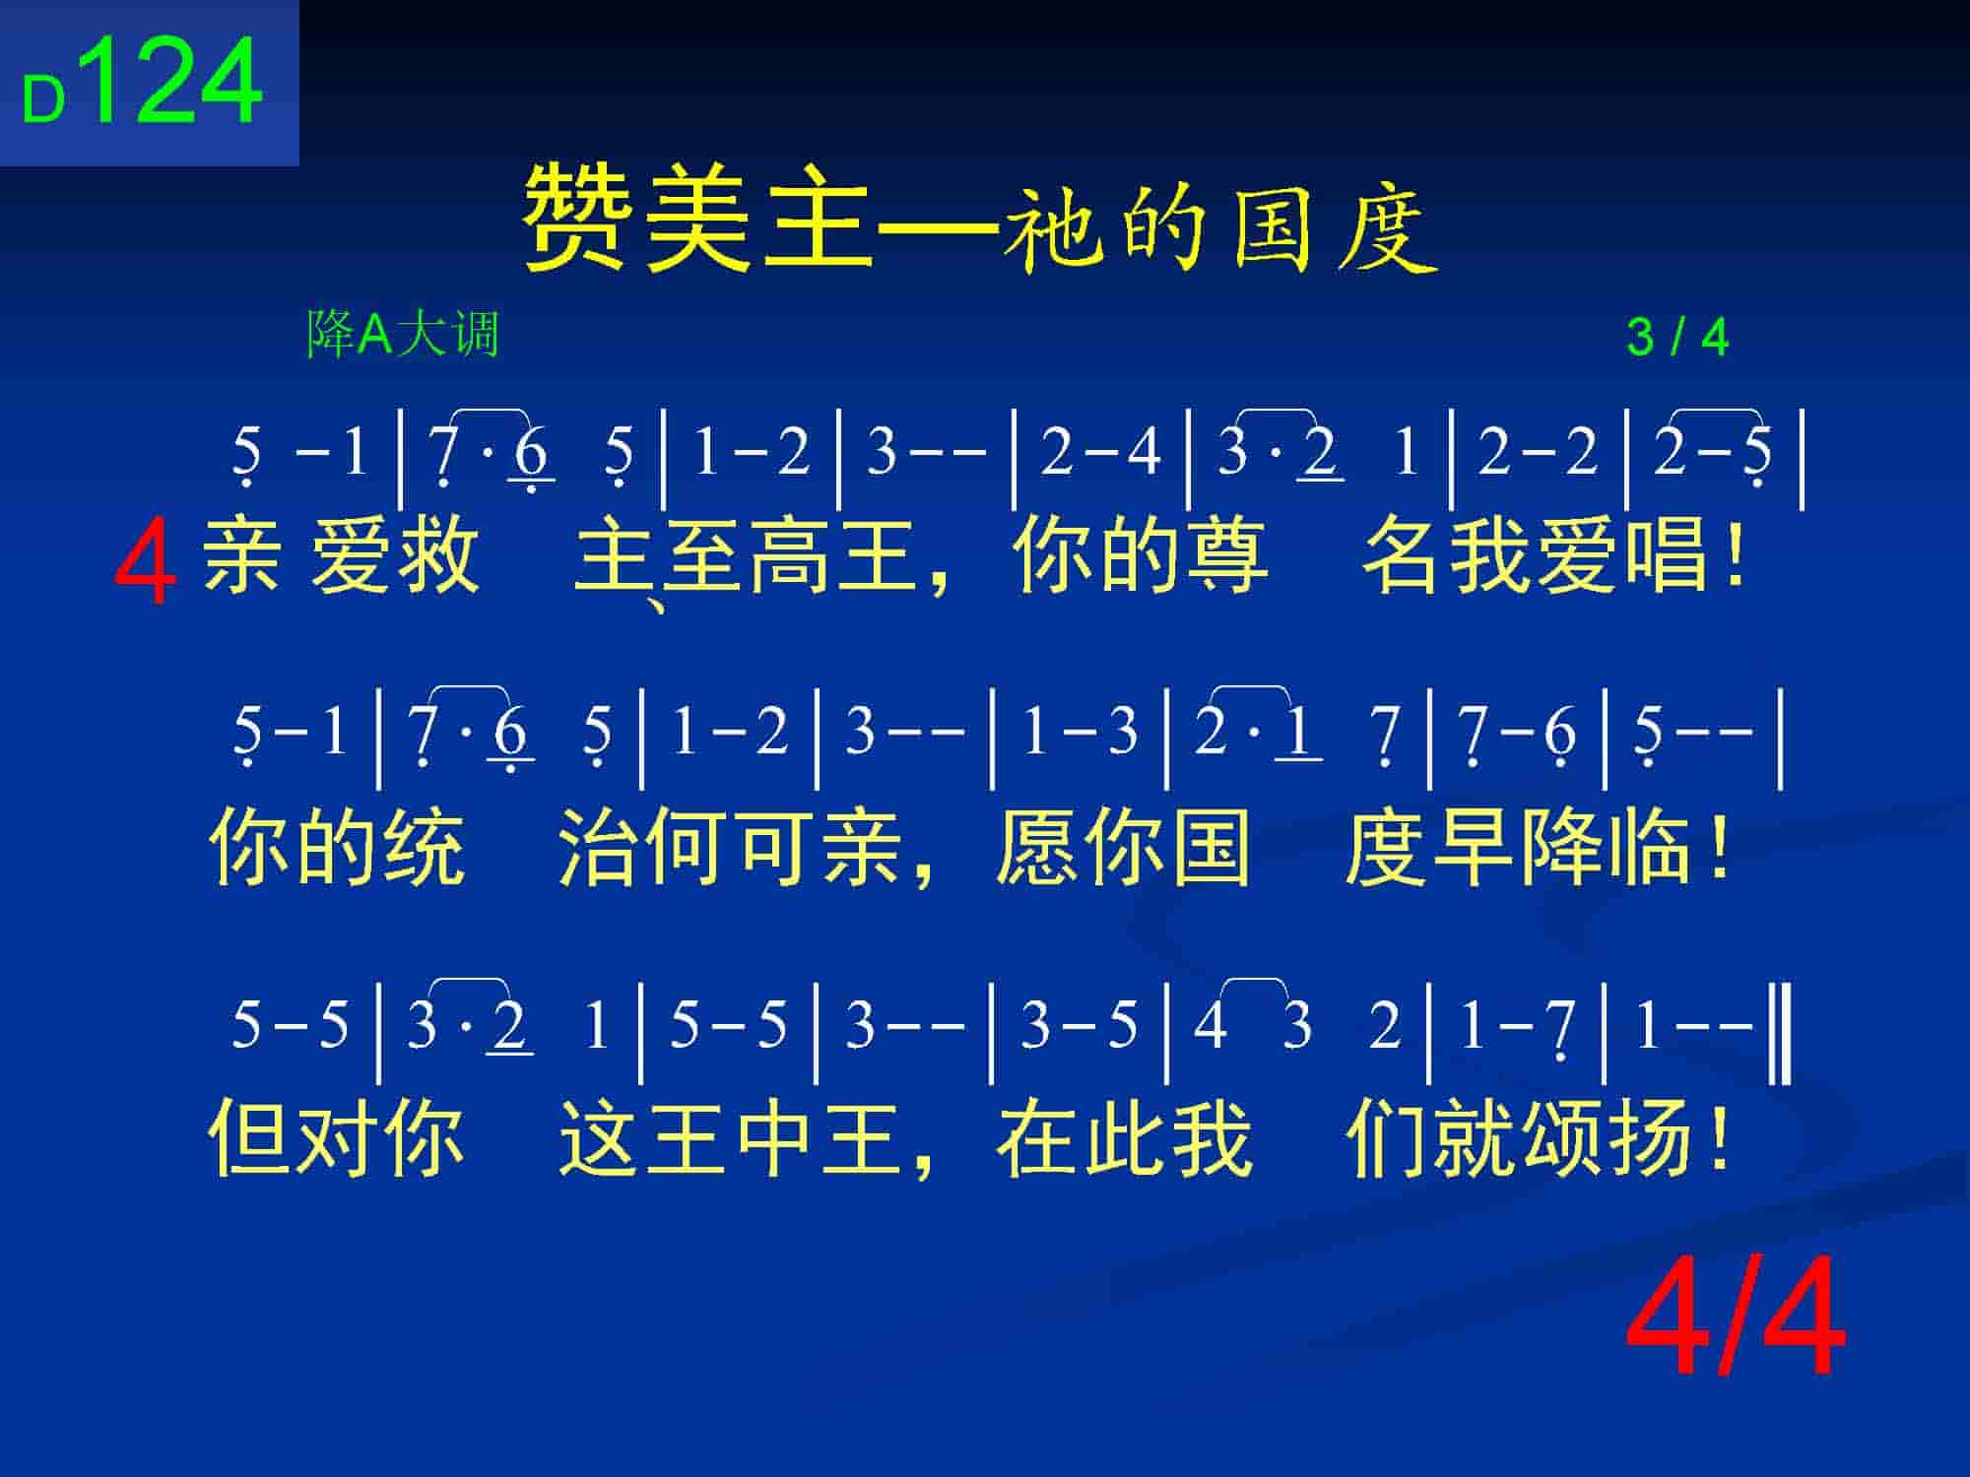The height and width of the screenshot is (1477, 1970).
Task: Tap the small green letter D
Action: click(x=43, y=100)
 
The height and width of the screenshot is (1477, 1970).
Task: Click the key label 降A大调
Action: click(x=403, y=334)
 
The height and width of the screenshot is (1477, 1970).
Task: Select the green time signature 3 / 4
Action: click(x=1677, y=338)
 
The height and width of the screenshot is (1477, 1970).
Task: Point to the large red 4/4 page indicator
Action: click(x=1736, y=1317)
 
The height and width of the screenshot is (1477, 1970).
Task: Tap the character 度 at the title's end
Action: click(x=1389, y=228)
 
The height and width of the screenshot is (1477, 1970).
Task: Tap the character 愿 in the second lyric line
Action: click(x=1036, y=845)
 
